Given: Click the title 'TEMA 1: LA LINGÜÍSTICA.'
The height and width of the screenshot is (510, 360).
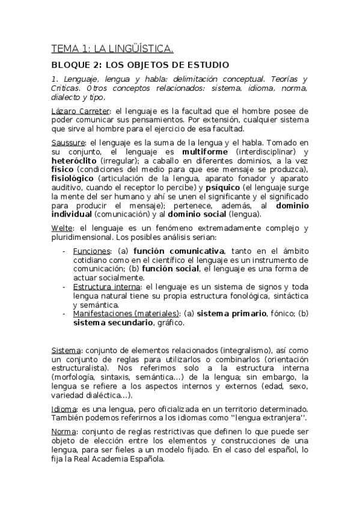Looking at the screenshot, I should coord(112,48).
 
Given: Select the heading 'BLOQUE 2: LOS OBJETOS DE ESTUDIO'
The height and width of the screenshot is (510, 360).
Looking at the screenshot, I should coord(139,65).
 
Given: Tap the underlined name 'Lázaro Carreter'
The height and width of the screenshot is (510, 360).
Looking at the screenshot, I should coord(73,111).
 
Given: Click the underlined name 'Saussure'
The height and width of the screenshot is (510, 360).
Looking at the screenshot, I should coord(68,143).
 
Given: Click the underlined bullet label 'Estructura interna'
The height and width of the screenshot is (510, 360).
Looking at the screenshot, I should coord(107,286).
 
